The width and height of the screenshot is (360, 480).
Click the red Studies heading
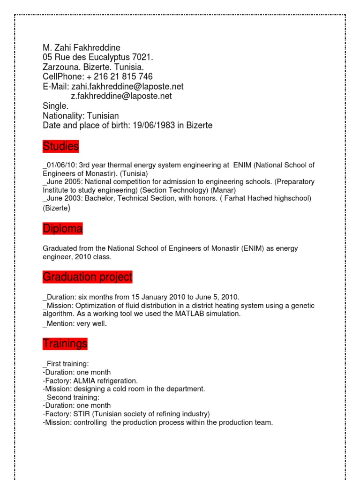click(x=60, y=147)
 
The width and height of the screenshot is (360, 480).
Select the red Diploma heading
click(x=62, y=229)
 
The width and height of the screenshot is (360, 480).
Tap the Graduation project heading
click(x=87, y=277)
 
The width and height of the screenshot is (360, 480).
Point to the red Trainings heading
click(x=65, y=344)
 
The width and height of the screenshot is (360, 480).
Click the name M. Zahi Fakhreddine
click(x=82, y=48)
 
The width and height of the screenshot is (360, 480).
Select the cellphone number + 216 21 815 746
click(x=120, y=76)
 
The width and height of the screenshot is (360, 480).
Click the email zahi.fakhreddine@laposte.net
click(x=127, y=86)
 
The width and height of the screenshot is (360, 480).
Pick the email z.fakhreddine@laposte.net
click(x=121, y=96)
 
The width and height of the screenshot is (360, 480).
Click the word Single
click(x=56, y=106)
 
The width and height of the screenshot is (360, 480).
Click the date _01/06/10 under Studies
click(x=59, y=165)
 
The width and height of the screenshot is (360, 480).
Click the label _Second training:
click(x=71, y=397)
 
